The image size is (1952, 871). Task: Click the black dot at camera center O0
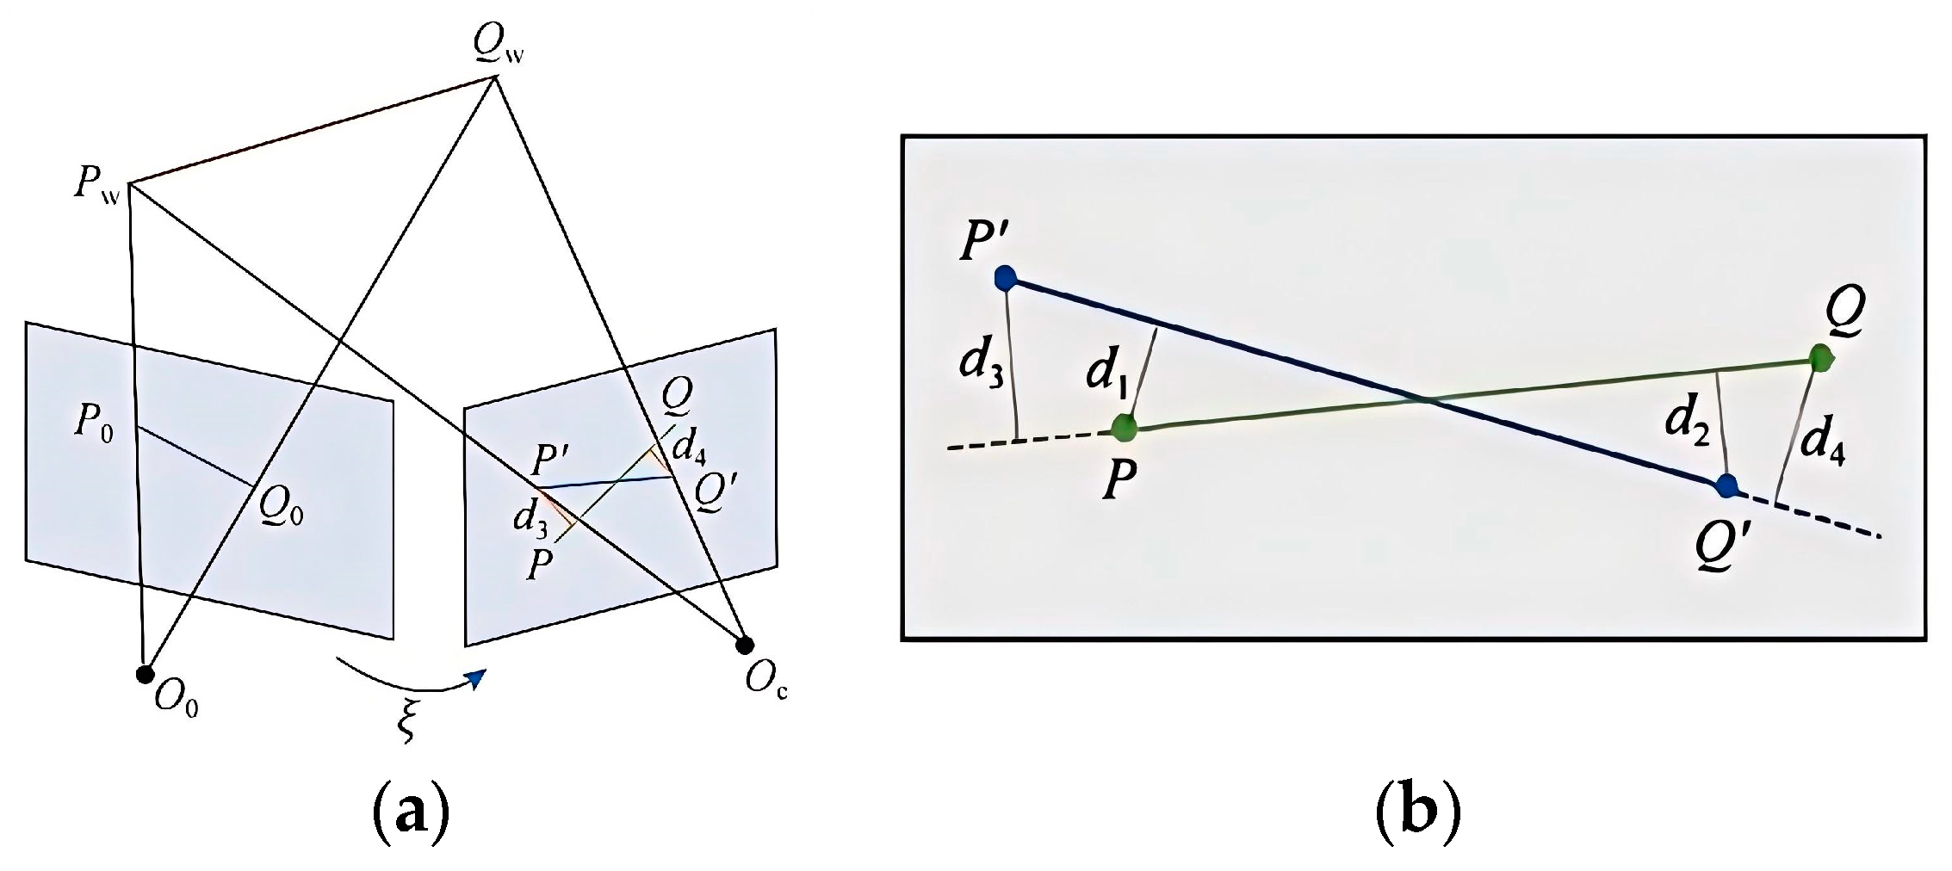(x=145, y=674)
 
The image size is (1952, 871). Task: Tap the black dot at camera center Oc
(x=745, y=644)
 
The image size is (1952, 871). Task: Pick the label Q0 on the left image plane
(x=282, y=510)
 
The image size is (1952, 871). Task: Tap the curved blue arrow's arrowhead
(x=476, y=679)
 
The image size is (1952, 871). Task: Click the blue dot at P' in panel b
(x=1005, y=278)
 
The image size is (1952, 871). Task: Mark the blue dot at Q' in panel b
(x=1726, y=485)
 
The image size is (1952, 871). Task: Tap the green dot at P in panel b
(x=1124, y=427)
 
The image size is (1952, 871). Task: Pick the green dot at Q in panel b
(x=1819, y=358)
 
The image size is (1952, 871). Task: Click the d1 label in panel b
(x=1106, y=372)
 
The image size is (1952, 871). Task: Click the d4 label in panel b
(x=1822, y=442)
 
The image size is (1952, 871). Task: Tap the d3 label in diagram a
(x=530, y=518)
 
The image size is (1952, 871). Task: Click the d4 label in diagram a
(x=689, y=446)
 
